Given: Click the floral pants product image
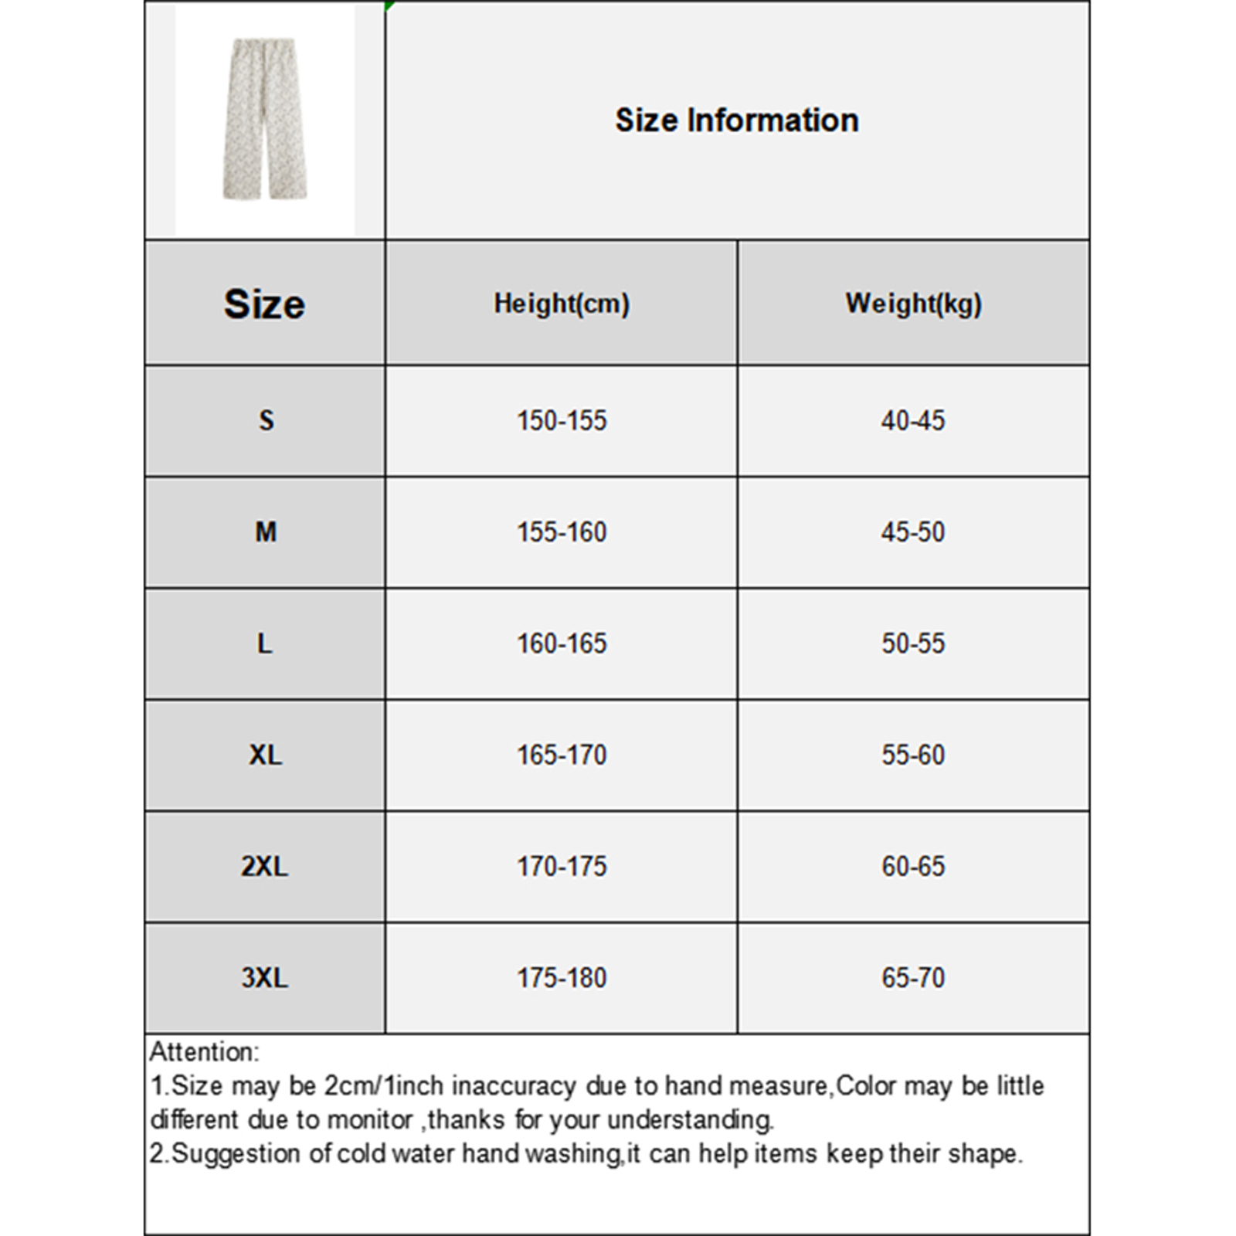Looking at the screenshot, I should tap(265, 120).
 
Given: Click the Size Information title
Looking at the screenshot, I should tap(736, 121).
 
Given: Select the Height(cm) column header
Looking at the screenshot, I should tap(562, 304).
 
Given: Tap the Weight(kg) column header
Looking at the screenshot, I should tap(913, 304).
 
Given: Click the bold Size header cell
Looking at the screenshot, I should tap(264, 304).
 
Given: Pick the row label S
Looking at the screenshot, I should tap(266, 421).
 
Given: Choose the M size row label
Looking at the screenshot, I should tap(266, 532).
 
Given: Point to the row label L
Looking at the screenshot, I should tap(265, 643).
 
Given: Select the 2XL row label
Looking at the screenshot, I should tap(264, 867).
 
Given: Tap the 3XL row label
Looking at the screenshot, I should tap(264, 978).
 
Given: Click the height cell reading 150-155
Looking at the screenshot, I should tap(562, 421).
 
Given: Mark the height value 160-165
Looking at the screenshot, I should tap(562, 643).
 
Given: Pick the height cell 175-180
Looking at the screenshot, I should tap(562, 978).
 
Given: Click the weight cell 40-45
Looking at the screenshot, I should tap(913, 421).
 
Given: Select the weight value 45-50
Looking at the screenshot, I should tap(913, 532).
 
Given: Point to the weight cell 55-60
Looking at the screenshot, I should tap(913, 755).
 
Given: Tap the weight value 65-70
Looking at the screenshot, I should tap(913, 978).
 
